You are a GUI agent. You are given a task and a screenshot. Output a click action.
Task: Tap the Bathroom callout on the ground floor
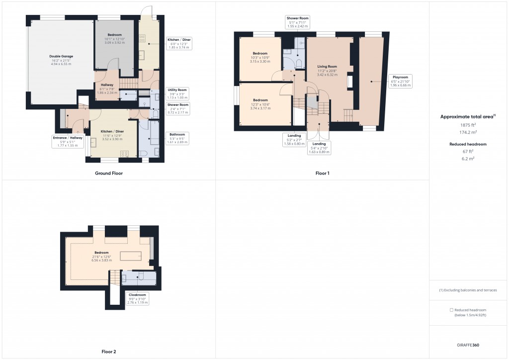(176, 138)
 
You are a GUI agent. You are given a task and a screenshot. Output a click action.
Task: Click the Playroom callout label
(401, 81)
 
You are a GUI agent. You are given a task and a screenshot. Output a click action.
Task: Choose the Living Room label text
(327, 70)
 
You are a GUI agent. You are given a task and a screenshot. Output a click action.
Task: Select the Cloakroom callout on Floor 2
(138, 298)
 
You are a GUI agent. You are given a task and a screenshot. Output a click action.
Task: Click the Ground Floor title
(108, 174)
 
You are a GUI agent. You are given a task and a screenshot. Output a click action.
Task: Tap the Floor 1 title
(322, 174)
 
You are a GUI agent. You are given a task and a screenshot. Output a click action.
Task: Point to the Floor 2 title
(108, 352)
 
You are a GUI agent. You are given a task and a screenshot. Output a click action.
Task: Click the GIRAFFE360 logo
(469, 345)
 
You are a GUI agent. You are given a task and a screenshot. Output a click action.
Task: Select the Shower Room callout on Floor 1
(297, 22)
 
